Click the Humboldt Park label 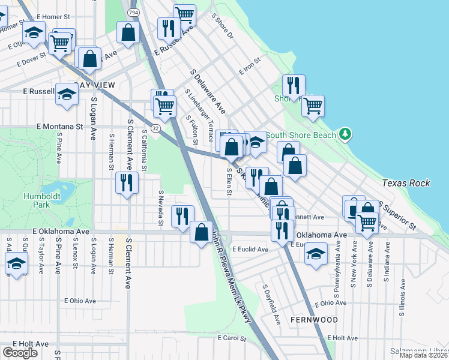click(x=37, y=200)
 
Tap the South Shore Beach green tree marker click(x=345, y=134)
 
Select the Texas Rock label click(x=406, y=182)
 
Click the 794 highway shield click(x=133, y=12)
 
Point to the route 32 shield click(x=155, y=128)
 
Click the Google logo click(x=20, y=353)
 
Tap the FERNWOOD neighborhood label click(x=314, y=320)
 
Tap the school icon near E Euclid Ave click(x=316, y=253)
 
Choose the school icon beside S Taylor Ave click(x=16, y=263)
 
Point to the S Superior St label click(x=397, y=216)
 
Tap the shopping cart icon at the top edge click(x=184, y=14)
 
